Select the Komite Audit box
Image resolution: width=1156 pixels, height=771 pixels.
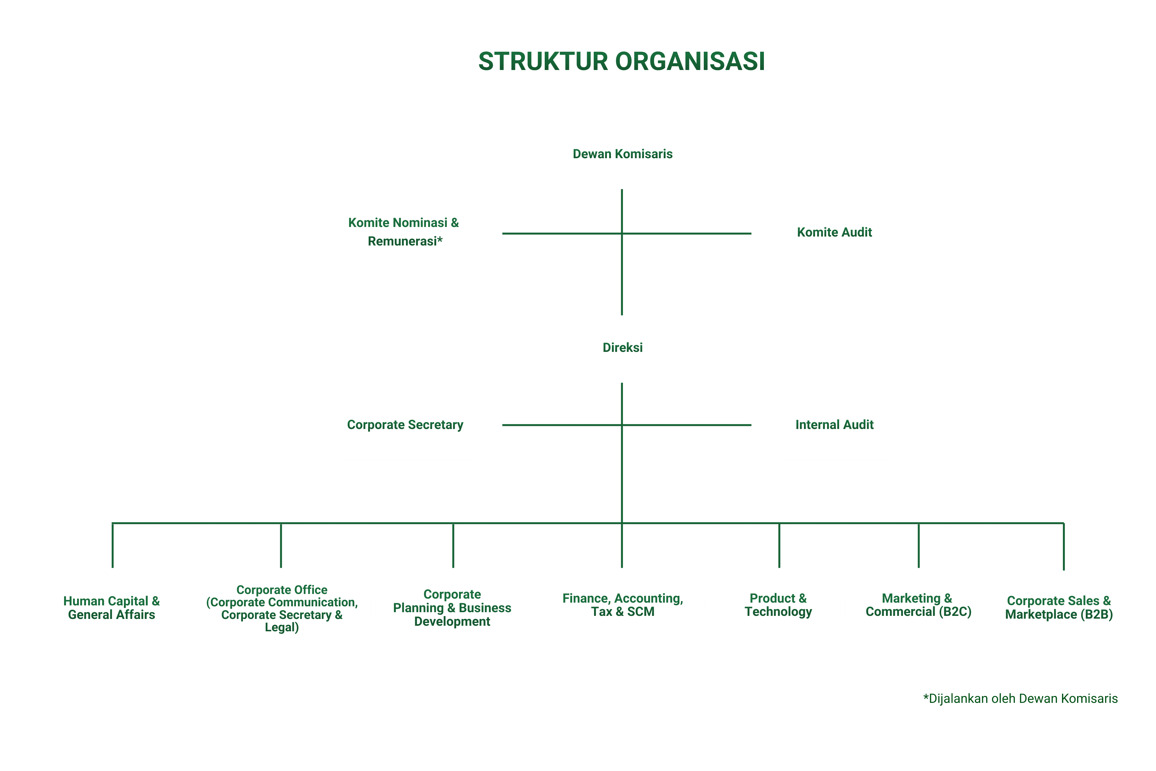coord(834,233)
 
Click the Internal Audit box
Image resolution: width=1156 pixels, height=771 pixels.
coord(834,425)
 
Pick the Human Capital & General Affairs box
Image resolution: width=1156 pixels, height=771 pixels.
coord(112,609)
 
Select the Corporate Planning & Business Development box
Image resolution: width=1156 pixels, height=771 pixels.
coord(452,609)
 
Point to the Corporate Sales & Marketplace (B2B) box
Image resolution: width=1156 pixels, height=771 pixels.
coord(1059,609)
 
